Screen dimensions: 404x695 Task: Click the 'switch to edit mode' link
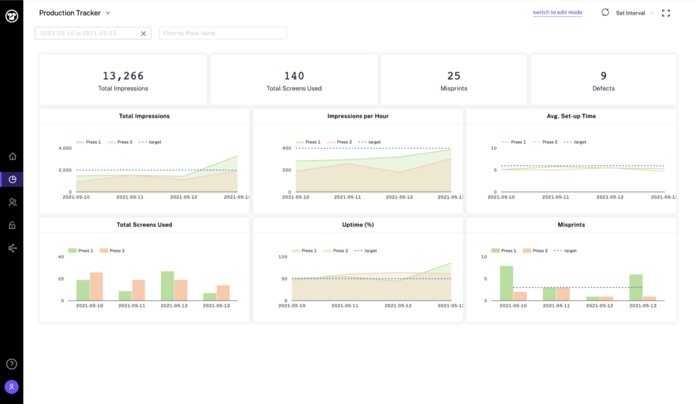[x=557, y=12]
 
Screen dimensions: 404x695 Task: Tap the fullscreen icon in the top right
[x=666, y=13]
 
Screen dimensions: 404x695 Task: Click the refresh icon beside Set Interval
[x=605, y=12]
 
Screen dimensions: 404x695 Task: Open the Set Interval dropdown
[x=634, y=13]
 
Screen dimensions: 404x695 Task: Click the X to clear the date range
[x=143, y=33]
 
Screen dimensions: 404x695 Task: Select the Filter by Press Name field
[x=223, y=33]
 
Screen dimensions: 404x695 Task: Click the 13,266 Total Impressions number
[x=123, y=76]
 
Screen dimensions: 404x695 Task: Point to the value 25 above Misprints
[x=453, y=76]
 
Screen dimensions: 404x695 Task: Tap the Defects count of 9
[x=603, y=76]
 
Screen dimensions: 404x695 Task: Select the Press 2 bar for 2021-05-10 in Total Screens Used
[x=96, y=287]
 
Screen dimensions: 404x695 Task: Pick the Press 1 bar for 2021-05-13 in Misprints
[x=635, y=287]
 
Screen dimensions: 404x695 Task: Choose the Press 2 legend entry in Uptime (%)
[x=339, y=251]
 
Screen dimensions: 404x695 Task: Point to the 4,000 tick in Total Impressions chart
[x=65, y=148]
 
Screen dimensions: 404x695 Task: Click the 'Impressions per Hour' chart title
[x=358, y=116]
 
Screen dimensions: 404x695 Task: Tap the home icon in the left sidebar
[x=12, y=156]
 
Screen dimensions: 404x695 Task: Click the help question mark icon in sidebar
[x=12, y=364]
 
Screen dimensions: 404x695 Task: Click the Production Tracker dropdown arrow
[x=108, y=13]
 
